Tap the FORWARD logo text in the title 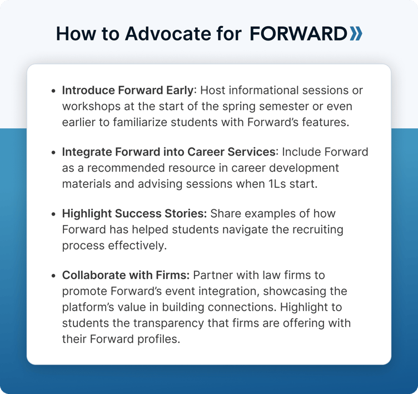point(298,33)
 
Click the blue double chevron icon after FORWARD point(356,33)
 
